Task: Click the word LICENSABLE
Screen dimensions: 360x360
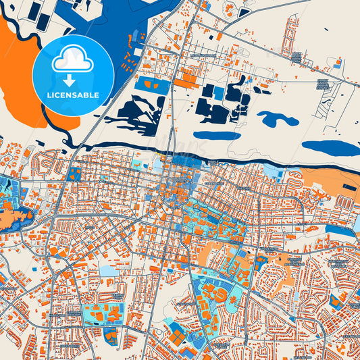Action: (73, 95)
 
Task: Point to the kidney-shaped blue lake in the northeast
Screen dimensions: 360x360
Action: (278, 120)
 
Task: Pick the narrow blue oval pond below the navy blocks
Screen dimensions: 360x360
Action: (216, 135)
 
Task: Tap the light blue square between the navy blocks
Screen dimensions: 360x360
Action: (219, 91)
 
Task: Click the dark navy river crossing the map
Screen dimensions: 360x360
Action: (203, 158)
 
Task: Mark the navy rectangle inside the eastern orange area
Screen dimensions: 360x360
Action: (347, 185)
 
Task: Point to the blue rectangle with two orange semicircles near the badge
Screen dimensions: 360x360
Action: (153, 86)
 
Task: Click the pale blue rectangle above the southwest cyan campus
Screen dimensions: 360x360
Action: (108, 271)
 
